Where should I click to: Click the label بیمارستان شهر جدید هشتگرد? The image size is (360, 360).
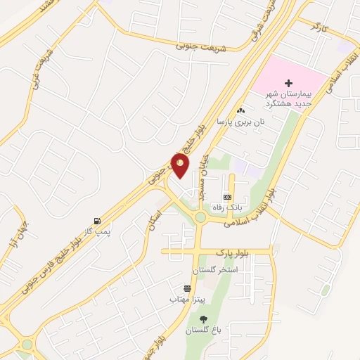(288, 98)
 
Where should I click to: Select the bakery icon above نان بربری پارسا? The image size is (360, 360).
(241, 110)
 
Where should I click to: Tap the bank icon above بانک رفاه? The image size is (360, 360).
(227, 198)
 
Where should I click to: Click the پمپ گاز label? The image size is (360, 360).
(97, 231)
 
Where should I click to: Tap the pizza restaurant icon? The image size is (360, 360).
(186, 288)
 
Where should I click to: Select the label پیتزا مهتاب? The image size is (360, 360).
(186, 300)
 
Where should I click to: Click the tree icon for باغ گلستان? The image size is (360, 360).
(203, 319)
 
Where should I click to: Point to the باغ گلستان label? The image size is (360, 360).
(203, 330)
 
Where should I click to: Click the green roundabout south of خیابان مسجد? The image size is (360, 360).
(200, 218)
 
